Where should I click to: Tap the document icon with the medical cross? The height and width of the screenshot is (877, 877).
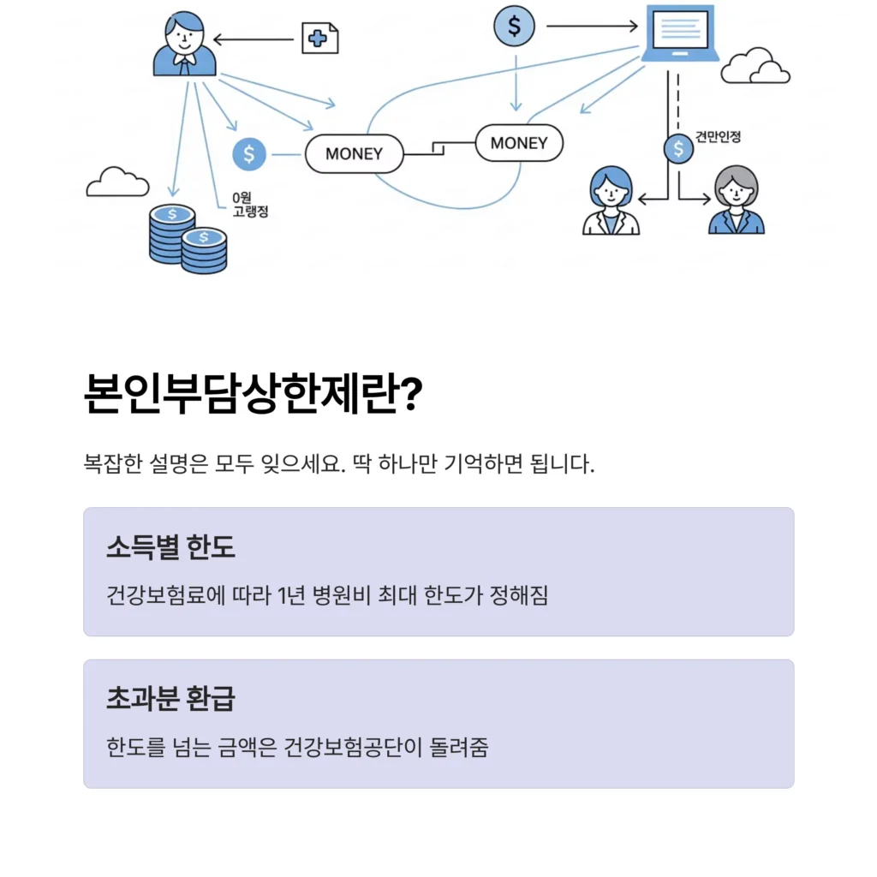(x=319, y=38)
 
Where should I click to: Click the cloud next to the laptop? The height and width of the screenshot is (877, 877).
(x=755, y=67)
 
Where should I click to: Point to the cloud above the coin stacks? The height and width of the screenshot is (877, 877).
(x=117, y=182)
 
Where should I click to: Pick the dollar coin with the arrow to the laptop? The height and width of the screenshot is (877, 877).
(x=514, y=26)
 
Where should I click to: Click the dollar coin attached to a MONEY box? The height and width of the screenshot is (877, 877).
(x=249, y=154)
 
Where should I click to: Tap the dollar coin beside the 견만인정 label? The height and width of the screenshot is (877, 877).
(x=678, y=149)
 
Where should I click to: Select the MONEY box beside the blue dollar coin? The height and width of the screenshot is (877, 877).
(x=354, y=154)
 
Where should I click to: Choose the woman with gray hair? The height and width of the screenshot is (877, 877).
(x=737, y=201)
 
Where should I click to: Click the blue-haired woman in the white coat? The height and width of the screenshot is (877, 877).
(x=611, y=201)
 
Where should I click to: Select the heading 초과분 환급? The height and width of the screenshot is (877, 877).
(x=170, y=699)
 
